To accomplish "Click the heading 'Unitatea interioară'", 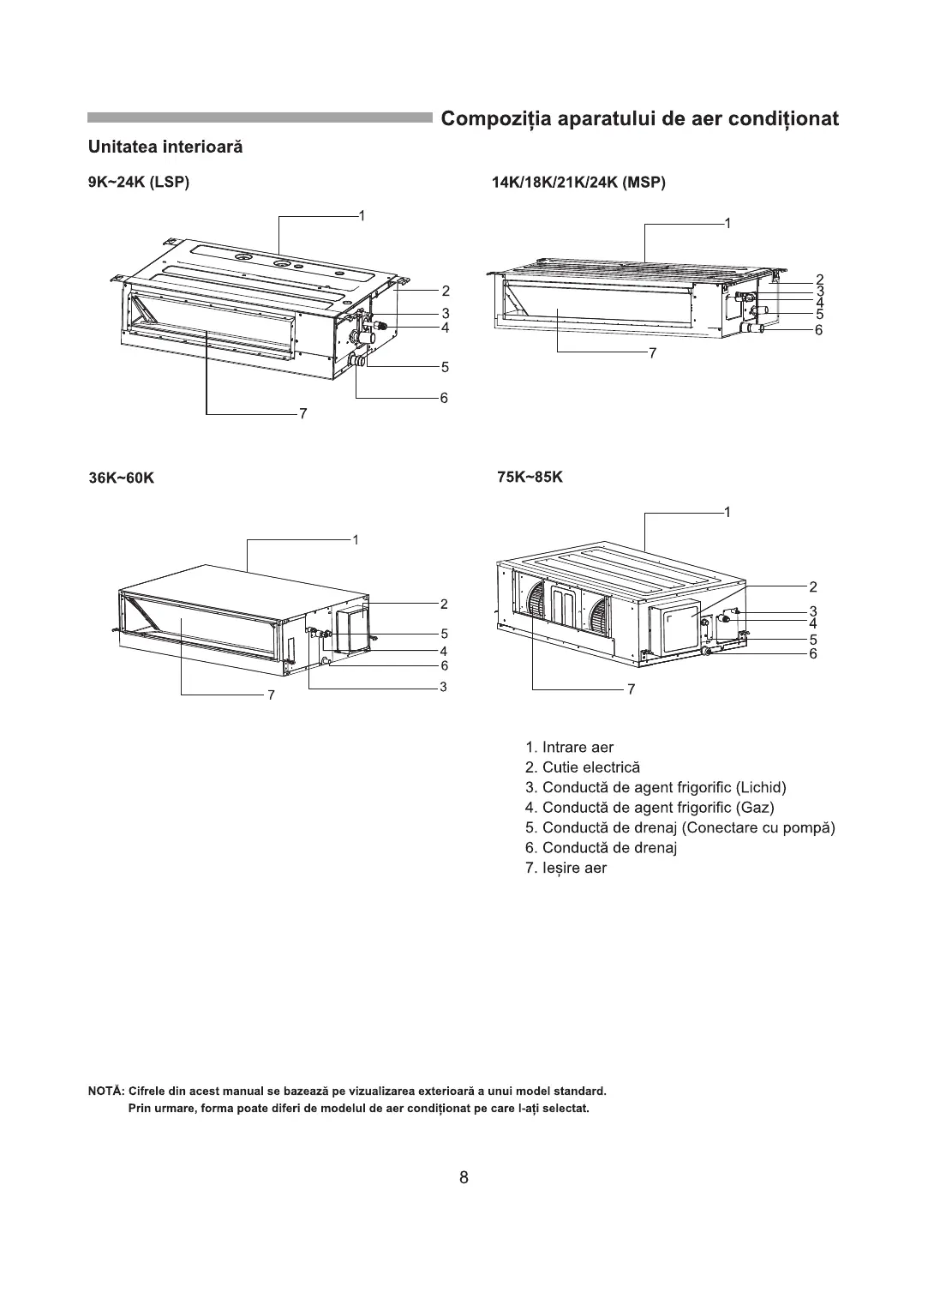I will pos(165,147).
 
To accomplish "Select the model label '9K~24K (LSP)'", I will pos(138,182).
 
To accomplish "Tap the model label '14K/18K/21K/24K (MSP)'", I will pos(578,182).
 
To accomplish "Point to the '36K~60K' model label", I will pos(122,478).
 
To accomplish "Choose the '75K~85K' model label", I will pos(530,477).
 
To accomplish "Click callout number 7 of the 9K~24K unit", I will pos(302,414).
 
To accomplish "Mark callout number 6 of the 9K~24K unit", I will pos(444,398).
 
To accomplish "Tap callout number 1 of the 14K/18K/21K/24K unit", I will pos(727,224).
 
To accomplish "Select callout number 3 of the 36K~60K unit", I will pos(444,687).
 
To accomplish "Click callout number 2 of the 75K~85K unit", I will pos(812,586).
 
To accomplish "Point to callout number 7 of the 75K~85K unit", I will pos(631,689).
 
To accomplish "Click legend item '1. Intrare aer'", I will pos(569,747).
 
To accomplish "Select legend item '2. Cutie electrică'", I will pos(582,767).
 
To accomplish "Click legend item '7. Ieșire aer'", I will pos(566,868).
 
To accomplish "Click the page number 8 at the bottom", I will pos(464,1177).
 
